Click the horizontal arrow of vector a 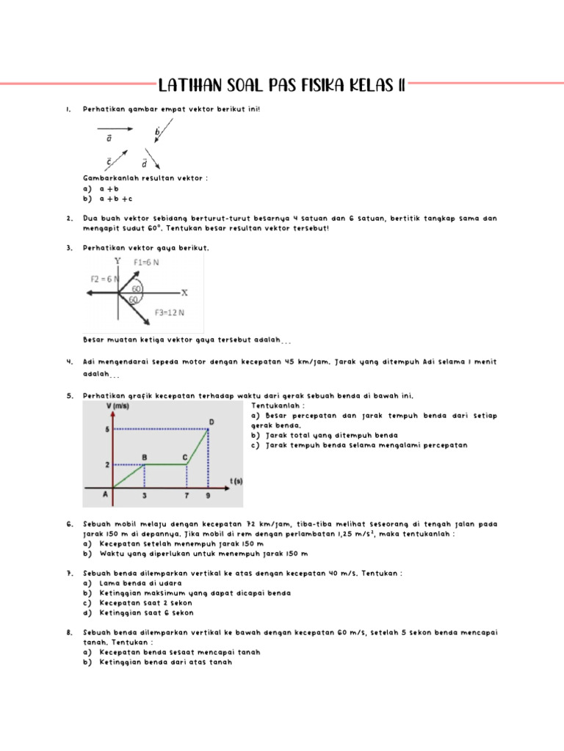point(113,128)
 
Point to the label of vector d point(144,163)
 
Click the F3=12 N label point(169,312)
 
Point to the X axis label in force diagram point(184,292)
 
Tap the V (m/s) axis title point(118,406)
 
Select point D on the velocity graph point(211,422)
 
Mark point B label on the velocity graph point(145,457)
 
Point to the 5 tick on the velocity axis point(108,429)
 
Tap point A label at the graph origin point(105,495)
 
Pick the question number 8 point(68,631)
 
